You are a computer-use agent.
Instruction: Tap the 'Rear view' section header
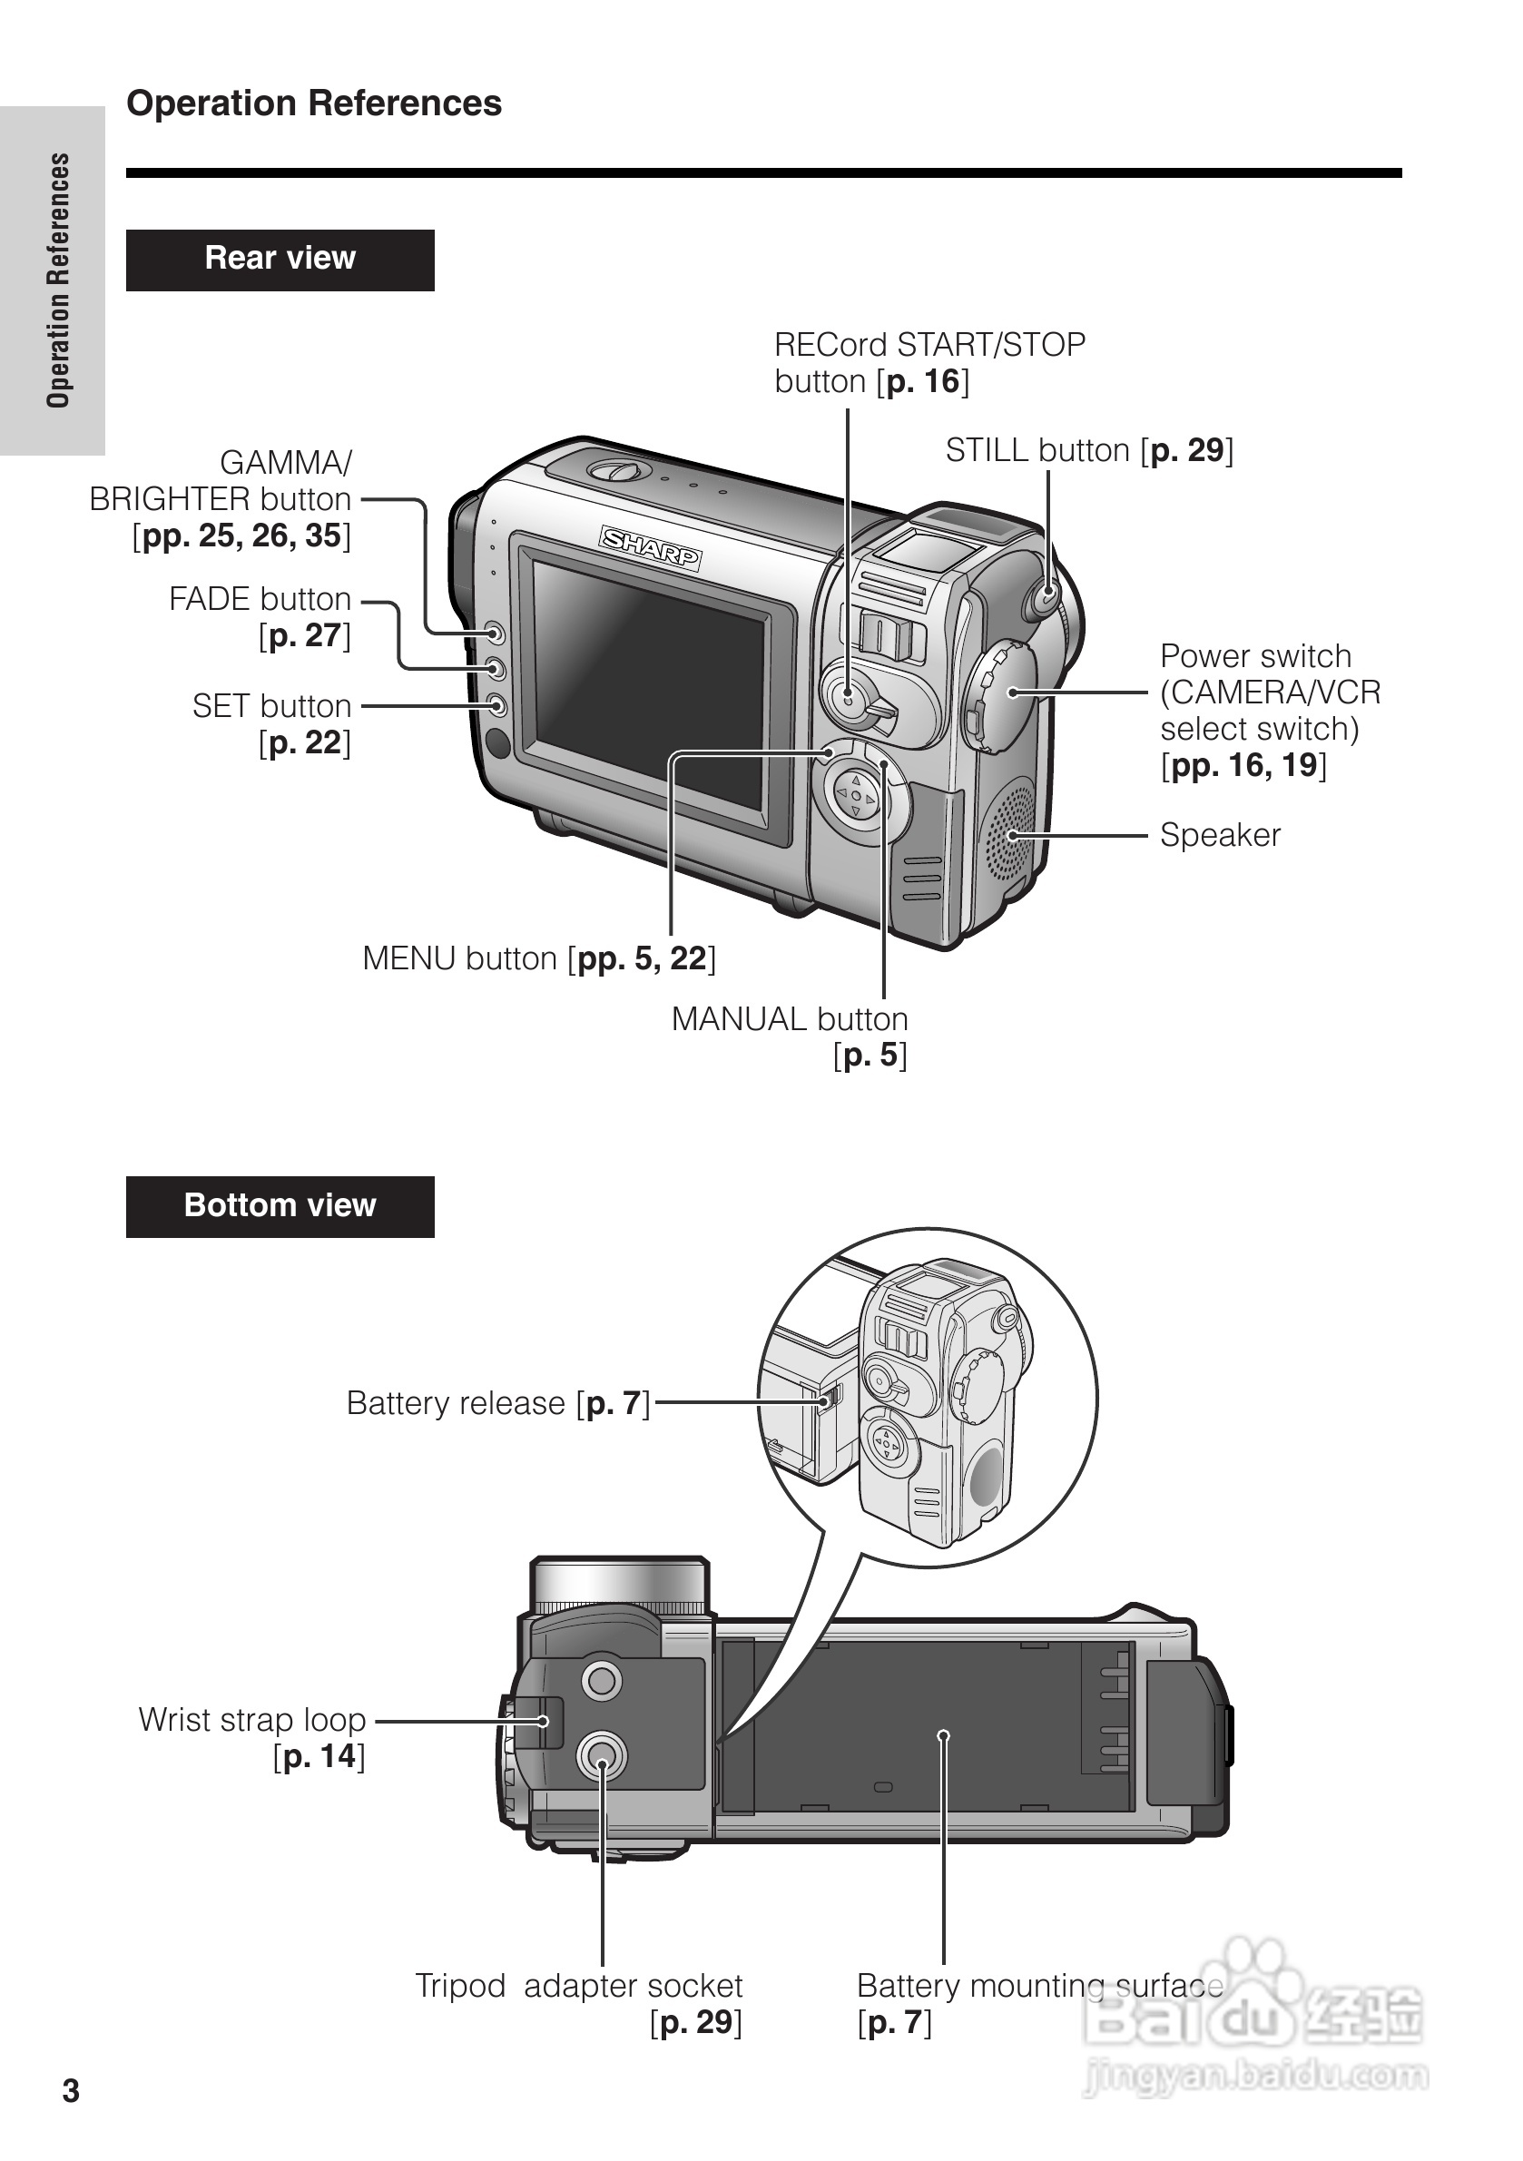click(x=280, y=259)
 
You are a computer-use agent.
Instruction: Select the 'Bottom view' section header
click(x=280, y=1205)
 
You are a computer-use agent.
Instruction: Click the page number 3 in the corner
click(x=71, y=2090)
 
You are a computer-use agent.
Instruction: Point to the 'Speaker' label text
click(x=1219, y=835)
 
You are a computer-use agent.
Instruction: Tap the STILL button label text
click(x=1088, y=451)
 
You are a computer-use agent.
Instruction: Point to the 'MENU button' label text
click(x=538, y=958)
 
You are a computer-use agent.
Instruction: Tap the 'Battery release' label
click(x=498, y=1403)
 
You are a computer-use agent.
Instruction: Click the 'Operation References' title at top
click(x=313, y=103)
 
